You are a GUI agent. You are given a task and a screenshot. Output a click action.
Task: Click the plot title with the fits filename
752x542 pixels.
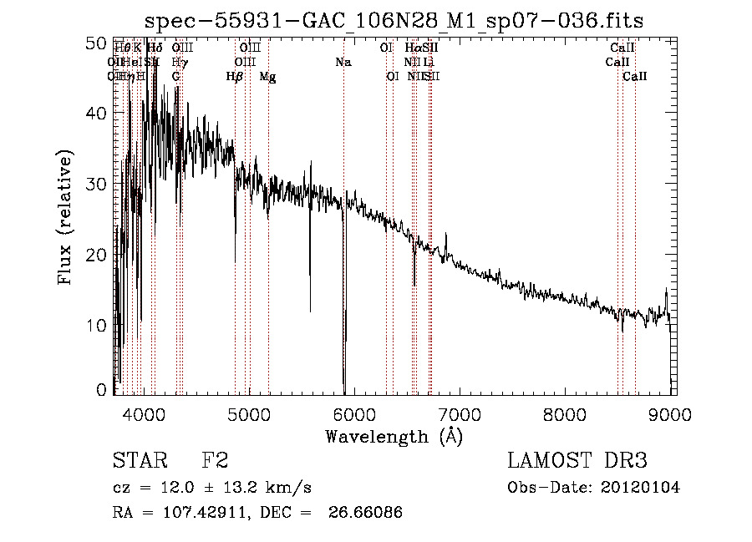coord(394,21)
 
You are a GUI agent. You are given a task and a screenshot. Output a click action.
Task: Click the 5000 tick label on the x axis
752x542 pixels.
coord(249,414)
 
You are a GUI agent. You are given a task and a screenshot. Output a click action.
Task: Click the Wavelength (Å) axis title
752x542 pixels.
coord(394,436)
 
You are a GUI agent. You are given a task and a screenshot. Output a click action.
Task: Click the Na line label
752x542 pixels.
coord(343,62)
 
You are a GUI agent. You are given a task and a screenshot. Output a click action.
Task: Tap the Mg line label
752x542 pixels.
coord(267,77)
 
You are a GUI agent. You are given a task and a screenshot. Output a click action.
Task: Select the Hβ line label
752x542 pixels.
coord(234,77)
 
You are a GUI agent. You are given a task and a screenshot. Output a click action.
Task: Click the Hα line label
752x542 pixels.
coord(412,48)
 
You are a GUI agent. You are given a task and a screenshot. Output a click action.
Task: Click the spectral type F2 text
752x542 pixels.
coord(215,461)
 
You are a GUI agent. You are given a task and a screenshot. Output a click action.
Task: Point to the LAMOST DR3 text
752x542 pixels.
coord(577,461)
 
